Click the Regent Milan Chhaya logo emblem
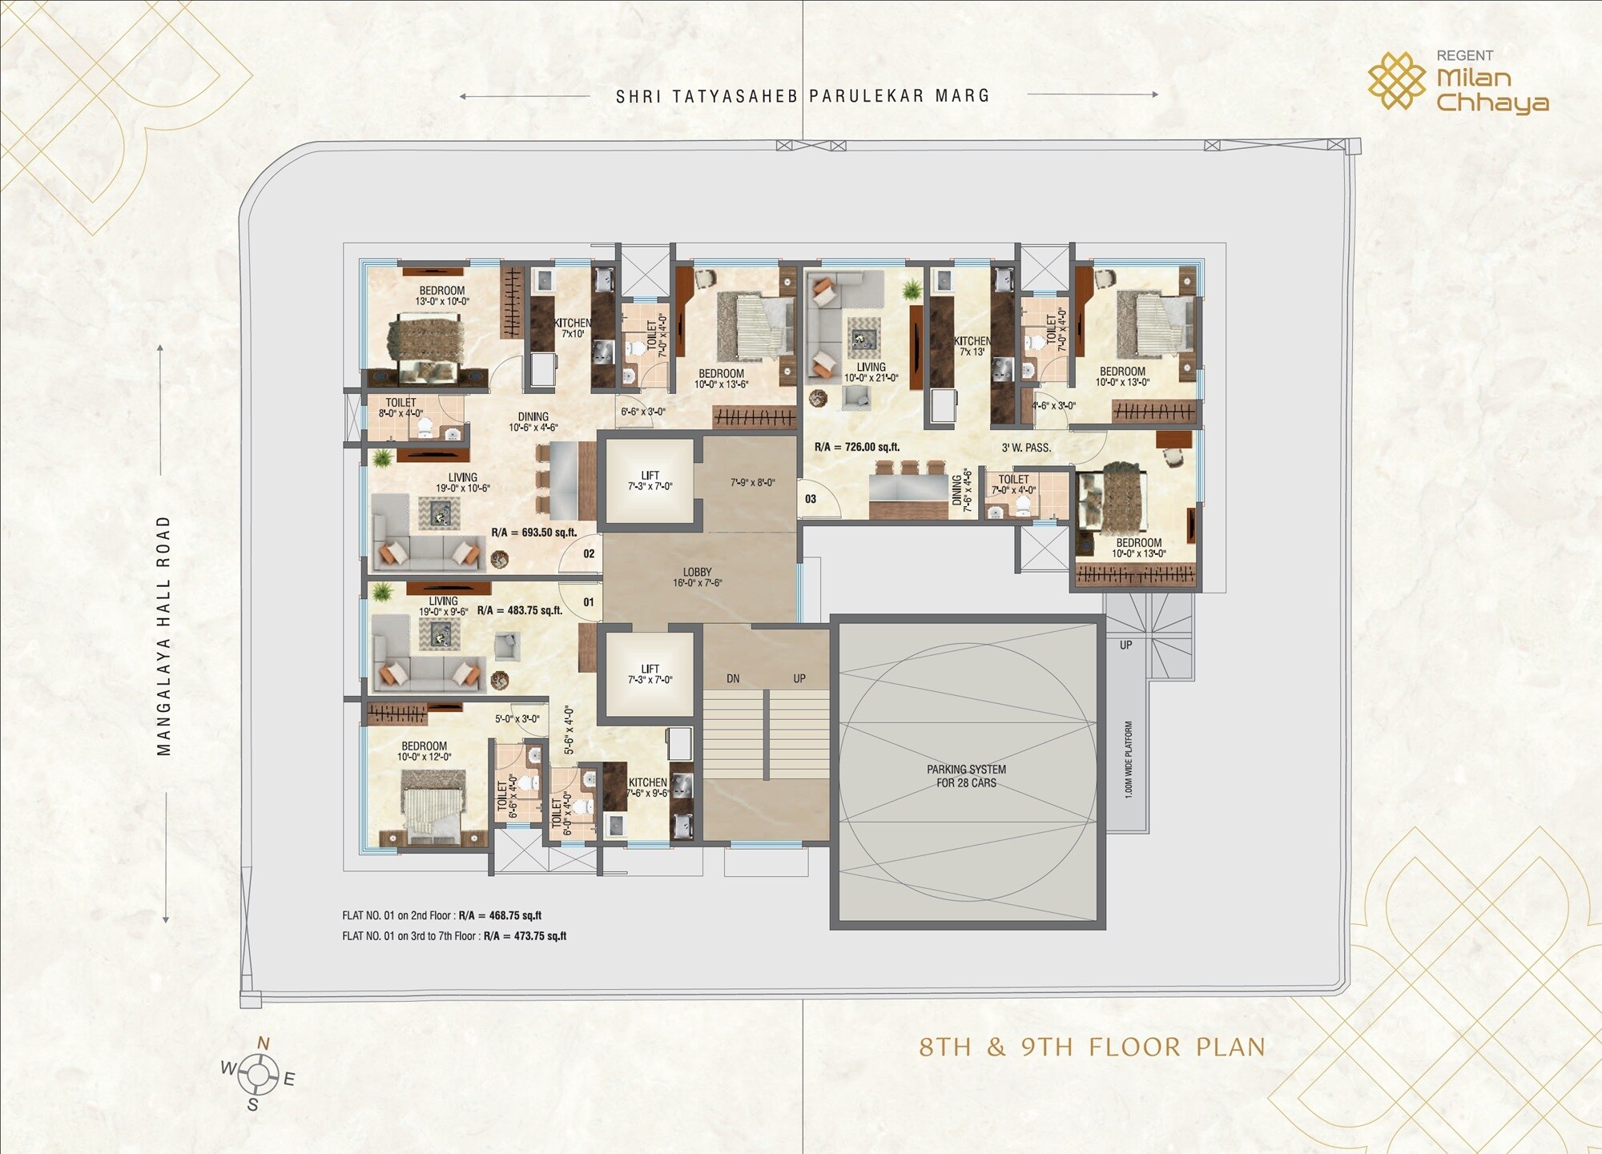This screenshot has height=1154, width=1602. click(x=1396, y=80)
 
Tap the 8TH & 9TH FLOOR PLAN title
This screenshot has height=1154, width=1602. click(x=1092, y=1047)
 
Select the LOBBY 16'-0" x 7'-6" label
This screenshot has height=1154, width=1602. click(x=697, y=577)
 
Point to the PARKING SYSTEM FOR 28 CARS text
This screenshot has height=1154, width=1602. click(x=966, y=776)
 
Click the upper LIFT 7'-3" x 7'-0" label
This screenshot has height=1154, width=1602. click(x=650, y=480)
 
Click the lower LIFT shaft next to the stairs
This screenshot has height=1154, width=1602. click(x=650, y=674)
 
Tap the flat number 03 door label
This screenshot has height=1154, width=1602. click(x=811, y=499)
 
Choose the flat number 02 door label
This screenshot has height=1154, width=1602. click(x=589, y=554)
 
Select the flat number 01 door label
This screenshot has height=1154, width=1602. click(x=589, y=602)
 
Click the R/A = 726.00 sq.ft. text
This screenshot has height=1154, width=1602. click(x=857, y=447)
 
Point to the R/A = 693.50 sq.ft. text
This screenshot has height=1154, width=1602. click(x=533, y=533)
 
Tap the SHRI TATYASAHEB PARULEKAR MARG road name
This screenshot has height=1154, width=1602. click(x=803, y=96)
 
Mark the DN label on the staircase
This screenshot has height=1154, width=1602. click(x=733, y=678)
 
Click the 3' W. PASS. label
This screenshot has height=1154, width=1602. click(x=1026, y=448)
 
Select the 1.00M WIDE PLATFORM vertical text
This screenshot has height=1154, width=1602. click(x=1129, y=759)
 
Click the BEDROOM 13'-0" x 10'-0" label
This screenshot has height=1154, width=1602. click(x=442, y=296)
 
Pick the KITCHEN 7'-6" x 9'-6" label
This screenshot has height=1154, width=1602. click(x=648, y=787)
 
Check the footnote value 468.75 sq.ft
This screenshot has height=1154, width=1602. click(x=515, y=915)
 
